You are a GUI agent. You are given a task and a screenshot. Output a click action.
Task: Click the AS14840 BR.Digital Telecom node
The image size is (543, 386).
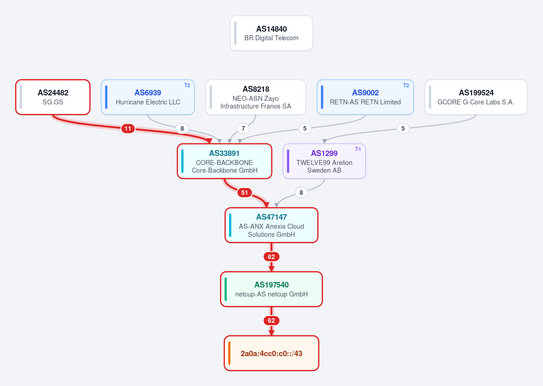point(271,33)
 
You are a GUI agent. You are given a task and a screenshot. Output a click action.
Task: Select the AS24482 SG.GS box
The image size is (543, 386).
point(53,97)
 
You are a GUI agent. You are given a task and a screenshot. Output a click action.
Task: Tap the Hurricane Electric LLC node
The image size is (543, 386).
point(148,97)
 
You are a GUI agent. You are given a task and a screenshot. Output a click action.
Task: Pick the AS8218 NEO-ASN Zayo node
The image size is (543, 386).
point(256,97)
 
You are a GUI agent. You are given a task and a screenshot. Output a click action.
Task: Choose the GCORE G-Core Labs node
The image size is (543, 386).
point(476,97)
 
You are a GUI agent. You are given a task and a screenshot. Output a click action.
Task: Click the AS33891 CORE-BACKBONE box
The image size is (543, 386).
point(224,161)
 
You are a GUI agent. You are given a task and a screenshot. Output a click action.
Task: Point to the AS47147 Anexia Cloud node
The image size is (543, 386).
point(271,225)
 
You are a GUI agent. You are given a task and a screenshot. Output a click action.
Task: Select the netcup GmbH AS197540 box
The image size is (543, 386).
point(271,289)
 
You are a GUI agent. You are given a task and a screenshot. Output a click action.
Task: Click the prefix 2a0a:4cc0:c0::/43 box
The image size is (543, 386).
point(271,353)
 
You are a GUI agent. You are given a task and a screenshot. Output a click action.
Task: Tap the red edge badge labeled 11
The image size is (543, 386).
point(128,128)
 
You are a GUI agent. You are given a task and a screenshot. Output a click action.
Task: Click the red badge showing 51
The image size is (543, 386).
point(244,193)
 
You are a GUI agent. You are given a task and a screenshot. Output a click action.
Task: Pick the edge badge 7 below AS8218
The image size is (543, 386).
point(243,128)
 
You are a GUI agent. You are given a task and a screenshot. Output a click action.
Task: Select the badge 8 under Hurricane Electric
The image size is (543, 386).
point(182,128)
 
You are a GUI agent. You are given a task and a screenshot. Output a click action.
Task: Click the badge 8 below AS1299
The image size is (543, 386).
point(301,193)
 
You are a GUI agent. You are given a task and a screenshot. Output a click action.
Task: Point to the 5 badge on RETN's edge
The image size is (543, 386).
point(305,128)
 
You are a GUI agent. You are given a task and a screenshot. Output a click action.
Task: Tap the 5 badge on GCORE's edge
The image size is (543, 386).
point(403,128)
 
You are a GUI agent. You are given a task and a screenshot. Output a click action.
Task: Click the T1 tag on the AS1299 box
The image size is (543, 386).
point(358,149)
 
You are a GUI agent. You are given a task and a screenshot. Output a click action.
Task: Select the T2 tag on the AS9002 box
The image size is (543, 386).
point(406,85)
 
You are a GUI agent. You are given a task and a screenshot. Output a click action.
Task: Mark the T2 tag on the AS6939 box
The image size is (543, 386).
point(187,85)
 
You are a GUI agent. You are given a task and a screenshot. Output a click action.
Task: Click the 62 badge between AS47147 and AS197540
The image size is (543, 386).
point(271,257)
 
